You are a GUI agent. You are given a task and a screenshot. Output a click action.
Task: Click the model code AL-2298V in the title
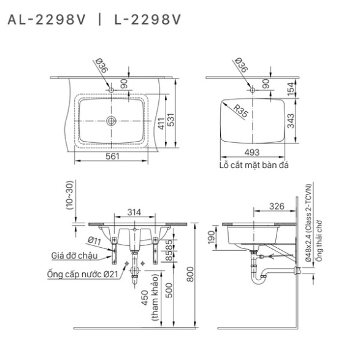point(47,20)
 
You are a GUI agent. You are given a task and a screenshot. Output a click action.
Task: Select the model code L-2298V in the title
point(148,20)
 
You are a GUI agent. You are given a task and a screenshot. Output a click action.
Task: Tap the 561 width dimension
point(112,156)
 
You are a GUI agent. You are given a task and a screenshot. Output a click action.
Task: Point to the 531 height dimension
point(171,120)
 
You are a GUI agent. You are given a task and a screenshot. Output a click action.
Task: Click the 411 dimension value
point(161,123)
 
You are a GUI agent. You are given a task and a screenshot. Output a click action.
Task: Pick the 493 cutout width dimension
point(252,152)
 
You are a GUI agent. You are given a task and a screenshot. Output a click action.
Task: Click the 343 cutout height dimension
point(291,121)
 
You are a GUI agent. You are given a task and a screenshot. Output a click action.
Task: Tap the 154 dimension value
point(291,89)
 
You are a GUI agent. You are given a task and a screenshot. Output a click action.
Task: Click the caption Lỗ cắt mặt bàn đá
point(254,165)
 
